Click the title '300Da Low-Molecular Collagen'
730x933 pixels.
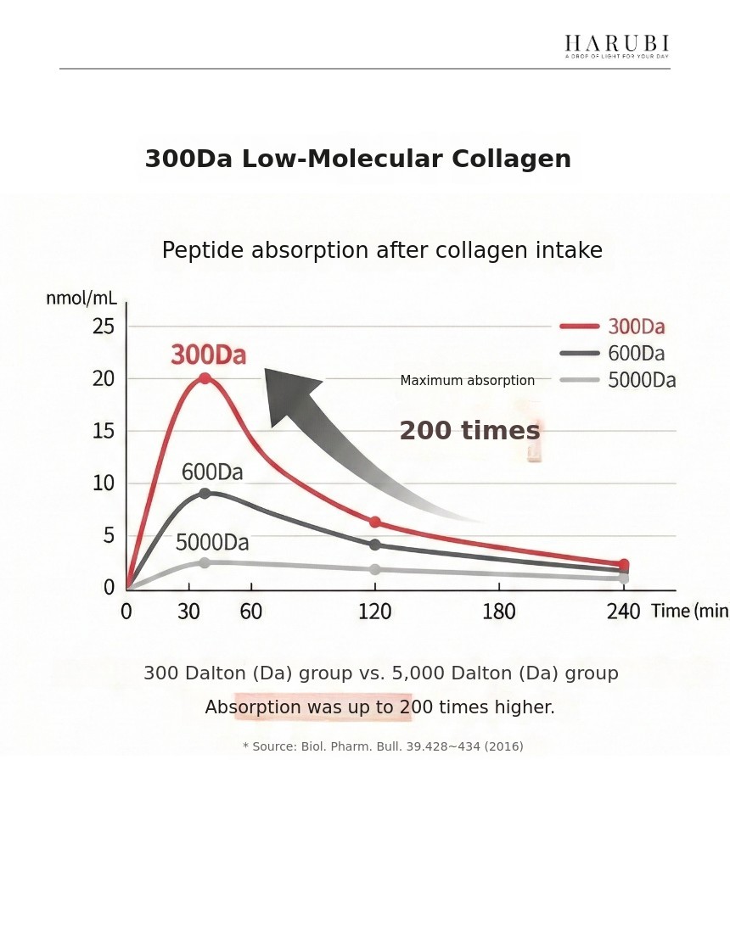point(357,159)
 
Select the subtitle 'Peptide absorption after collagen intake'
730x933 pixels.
point(382,251)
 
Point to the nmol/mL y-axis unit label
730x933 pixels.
point(81,298)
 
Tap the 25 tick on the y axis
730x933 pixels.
point(104,326)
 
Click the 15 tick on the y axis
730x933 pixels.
point(104,431)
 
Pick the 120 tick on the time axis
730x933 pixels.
point(374,611)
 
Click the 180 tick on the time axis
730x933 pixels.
point(498,611)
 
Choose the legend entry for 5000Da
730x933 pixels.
point(618,380)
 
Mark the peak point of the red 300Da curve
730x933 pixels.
point(205,378)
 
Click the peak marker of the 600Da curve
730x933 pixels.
point(205,494)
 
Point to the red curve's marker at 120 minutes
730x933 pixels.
point(374,522)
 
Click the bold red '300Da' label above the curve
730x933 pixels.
point(209,355)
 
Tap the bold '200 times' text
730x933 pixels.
point(469,431)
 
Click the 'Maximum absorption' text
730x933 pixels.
point(467,381)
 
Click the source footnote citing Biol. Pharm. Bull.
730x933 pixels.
point(383,746)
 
